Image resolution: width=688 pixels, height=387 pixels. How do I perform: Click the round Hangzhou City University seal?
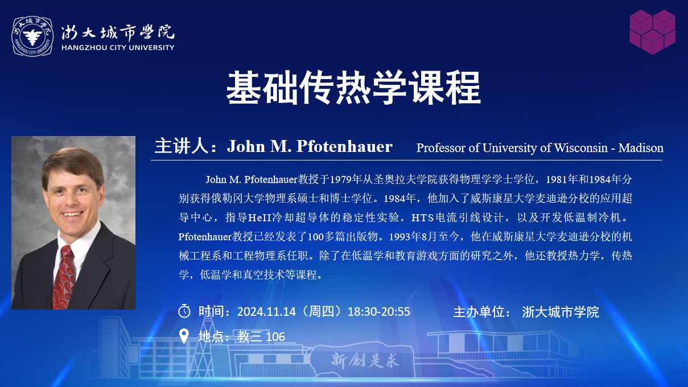click(x=32, y=36)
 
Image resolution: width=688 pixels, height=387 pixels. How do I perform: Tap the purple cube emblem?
click(x=652, y=32)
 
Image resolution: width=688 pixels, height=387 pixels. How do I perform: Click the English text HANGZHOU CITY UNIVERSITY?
click(x=118, y=48)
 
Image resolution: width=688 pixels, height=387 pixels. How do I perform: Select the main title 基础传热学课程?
click(x=353, y=88)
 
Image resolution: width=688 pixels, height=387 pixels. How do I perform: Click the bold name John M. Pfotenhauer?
click(x=310, y=146)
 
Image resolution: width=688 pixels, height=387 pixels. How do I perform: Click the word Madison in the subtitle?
click(x=641, y=148)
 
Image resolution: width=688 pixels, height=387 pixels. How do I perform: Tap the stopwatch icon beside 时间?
click(x=184, y=311)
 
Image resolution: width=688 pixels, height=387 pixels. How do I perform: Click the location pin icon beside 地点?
click(x=184, y=336)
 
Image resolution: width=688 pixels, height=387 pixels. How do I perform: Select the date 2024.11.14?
click(x=266, y=312)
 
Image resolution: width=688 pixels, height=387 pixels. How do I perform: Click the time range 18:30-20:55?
click(x=378, y=312)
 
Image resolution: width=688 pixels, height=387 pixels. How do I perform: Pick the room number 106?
click(x=275, y=337)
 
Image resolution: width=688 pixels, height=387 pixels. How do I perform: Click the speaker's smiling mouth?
click(x=72, y=214)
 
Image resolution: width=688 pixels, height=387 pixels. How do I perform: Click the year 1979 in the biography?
click(x=341, y=179)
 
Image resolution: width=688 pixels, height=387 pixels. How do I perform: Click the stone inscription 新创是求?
click(x=365, y=360)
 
